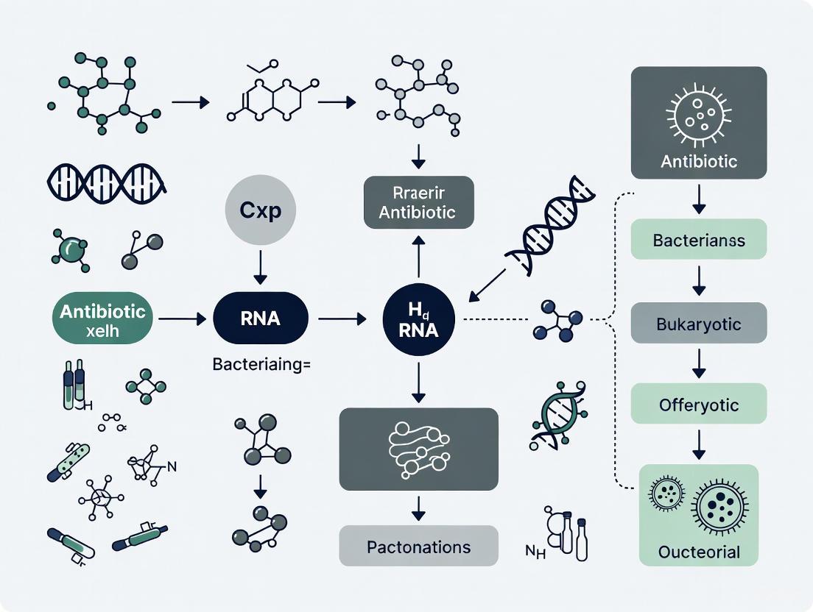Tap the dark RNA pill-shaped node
pos(260,319)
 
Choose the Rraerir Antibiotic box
pos(419,203)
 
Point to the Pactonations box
pos(418,547)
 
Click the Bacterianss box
pos(699,241)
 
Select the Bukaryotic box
pos(699,324)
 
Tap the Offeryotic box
pos(699,405)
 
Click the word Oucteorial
pos(699,552)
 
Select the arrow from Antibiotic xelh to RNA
pos(182,319)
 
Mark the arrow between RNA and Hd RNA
pos(342,319)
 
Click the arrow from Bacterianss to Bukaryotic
pos(699,282)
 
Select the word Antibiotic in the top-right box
pos(699,161)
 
